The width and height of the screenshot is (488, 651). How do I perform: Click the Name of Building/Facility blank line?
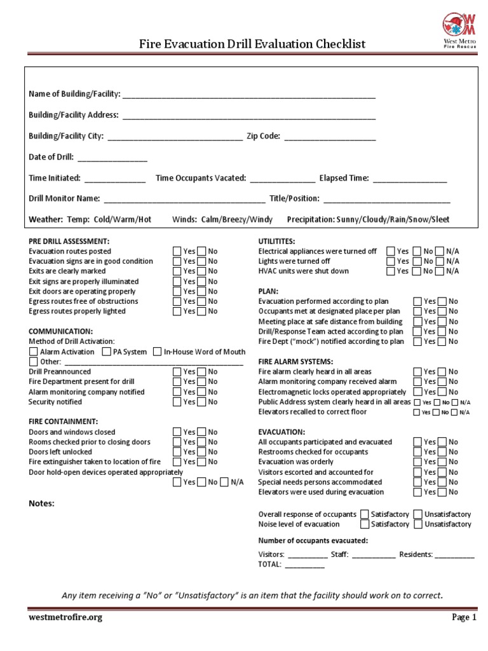(248, 95)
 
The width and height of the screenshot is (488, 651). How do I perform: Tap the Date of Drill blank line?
(112, 158)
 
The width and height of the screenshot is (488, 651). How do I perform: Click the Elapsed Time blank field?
(409, 179)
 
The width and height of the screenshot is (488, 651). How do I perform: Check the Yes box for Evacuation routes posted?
(177, 251)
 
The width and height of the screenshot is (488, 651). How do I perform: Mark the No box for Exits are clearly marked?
(202, 271)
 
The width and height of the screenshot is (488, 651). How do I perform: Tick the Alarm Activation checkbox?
(34, 352)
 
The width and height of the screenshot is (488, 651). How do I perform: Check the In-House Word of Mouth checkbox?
(157, 352)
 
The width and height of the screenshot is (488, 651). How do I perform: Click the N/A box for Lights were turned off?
(440, 261)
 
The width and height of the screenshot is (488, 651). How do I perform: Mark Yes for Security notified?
(177, 402)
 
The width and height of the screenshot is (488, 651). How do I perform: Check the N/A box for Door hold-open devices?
(224, 482)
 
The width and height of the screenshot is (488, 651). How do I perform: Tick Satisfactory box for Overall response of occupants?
(365, 514)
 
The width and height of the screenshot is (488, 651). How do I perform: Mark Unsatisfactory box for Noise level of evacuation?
(417, 524)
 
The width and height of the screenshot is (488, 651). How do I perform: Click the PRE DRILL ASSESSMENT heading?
(69, 242)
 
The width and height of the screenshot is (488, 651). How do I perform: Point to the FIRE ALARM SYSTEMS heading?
(295, 361)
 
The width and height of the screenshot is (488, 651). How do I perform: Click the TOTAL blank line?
(304, 565)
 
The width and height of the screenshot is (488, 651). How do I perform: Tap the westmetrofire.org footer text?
(65, 617)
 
